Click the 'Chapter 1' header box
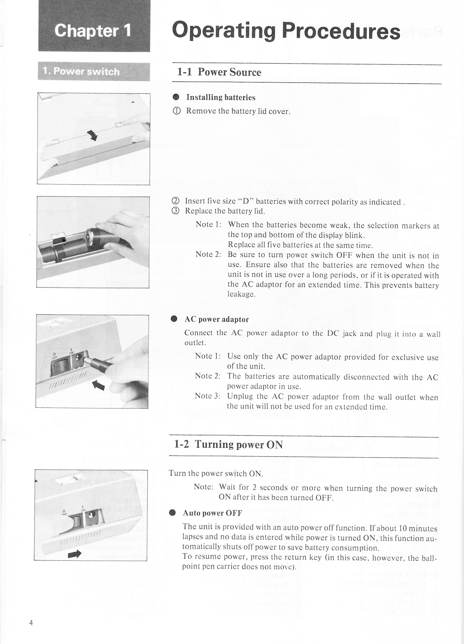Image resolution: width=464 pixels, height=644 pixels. (94, 31)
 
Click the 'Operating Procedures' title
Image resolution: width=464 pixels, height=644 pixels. (286, 31)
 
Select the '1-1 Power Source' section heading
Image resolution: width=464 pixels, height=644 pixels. (219, 72)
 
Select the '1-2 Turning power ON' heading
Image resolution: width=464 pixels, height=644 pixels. (228, 444)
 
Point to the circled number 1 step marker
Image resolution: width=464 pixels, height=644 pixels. (176, 111)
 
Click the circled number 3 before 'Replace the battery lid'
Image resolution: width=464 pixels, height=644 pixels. (176, 211)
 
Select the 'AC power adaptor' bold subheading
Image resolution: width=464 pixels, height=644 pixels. (217, 319)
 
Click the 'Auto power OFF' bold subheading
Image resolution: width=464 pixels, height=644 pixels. (212, 513)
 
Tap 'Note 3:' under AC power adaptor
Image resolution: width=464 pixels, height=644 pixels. (208, 396)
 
